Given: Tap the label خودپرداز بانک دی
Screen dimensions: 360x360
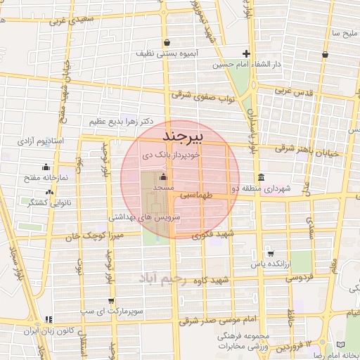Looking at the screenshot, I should point(171,153).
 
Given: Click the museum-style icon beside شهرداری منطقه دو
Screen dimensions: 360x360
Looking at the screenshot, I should point(262,176).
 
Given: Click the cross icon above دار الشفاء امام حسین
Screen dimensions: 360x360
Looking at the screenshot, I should point(246,54).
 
